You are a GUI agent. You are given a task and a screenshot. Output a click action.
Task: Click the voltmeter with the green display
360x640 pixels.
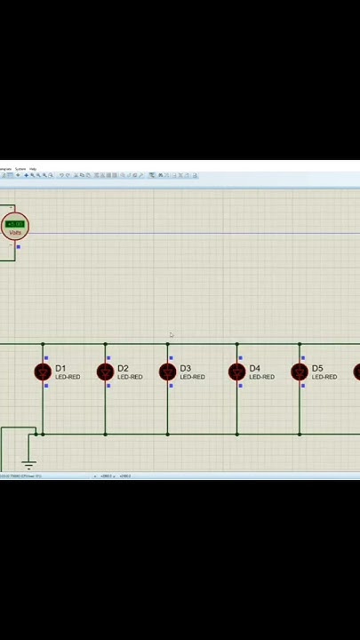pos(15,226)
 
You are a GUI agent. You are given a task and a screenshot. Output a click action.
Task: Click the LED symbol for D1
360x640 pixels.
pos(43,372)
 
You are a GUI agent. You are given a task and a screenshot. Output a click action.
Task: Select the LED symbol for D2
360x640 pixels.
pos(105,372)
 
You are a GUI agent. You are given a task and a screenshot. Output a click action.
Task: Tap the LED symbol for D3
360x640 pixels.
pos(167,372)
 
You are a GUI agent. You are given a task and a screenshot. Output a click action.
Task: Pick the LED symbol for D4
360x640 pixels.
pos(237,372)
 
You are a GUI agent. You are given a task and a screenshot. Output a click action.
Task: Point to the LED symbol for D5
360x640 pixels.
pos(300,372)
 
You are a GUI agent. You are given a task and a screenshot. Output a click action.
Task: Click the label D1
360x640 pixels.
pos(60,368)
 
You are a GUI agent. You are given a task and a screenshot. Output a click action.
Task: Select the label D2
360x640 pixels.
pos(123,368)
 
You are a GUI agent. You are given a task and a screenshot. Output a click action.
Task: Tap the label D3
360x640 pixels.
pos(185,368)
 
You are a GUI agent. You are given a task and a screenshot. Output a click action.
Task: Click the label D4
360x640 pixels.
pos(255,368)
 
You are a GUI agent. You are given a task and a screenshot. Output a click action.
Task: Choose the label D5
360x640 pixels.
pos(317,368)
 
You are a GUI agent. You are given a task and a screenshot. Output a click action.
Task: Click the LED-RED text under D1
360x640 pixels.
pos(68,378)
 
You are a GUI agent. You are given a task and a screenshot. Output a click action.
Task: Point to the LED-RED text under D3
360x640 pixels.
pos(192,378)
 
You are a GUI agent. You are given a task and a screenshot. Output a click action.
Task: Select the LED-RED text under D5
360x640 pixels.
pos(324,378)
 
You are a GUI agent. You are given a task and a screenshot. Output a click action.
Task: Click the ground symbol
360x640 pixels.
pos(28,464)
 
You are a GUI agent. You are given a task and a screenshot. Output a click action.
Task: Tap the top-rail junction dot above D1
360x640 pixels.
pos(43,344)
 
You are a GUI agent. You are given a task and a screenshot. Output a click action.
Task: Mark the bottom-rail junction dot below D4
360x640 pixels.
pos(237,434)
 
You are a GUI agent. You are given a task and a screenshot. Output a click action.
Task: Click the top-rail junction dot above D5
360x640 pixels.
pos(300,344)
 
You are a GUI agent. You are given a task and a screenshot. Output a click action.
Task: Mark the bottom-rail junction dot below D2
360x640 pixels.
pos(105,434)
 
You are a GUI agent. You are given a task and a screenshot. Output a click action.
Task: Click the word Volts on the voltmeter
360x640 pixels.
pos(15,233)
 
